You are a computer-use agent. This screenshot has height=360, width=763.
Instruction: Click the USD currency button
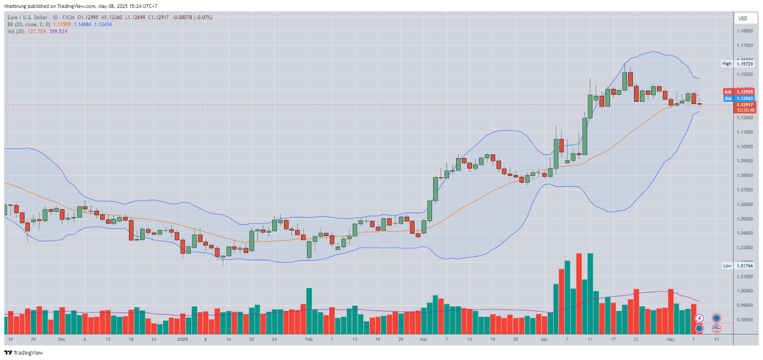tap(742, 19)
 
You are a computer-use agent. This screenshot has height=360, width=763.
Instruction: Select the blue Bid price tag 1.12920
tap(744, 99)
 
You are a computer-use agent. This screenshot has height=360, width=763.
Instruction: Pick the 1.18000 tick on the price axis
tap(744, 31)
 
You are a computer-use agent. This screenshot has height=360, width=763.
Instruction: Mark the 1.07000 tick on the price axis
tap(744, 190)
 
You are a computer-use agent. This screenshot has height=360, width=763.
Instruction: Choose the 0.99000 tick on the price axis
tap(744, 306)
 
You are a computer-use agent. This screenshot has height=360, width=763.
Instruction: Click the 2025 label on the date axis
tap(183, 339)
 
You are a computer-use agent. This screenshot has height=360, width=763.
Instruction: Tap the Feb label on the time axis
tap(308, 339)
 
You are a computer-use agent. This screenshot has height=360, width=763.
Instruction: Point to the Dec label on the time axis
tap(61, 339)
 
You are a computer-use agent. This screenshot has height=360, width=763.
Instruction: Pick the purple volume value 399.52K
tap(59, 31)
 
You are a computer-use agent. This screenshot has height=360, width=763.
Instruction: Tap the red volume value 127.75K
tap(37, 31)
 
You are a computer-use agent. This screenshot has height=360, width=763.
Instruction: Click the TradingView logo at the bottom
tap(23, 353)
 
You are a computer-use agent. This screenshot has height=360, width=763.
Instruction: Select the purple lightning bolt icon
tap(699, 318)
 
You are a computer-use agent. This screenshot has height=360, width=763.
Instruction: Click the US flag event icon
tap(716, 328)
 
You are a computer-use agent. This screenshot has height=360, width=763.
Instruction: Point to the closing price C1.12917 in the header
tap(160, 18)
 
